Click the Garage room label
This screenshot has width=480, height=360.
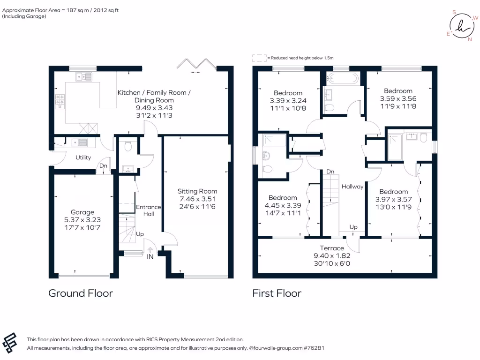(82, 212)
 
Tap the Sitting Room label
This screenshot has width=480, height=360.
(197, 191)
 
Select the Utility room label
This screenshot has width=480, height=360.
(83, 157)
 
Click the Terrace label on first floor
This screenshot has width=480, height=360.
(332, 248)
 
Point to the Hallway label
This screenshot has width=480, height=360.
(352, 187)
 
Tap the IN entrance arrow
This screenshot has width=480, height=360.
(150, 249)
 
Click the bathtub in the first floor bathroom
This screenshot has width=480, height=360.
(342, 78)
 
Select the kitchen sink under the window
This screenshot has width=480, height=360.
(85, 75)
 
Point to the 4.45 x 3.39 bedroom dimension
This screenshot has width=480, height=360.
(283, 204)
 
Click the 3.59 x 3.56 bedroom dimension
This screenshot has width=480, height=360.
(398, 98)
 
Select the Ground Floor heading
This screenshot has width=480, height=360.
(81, 293)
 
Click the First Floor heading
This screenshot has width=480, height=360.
(277, 293)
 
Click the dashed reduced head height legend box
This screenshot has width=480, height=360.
(259, 58)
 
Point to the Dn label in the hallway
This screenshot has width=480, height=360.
(330, 172)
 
